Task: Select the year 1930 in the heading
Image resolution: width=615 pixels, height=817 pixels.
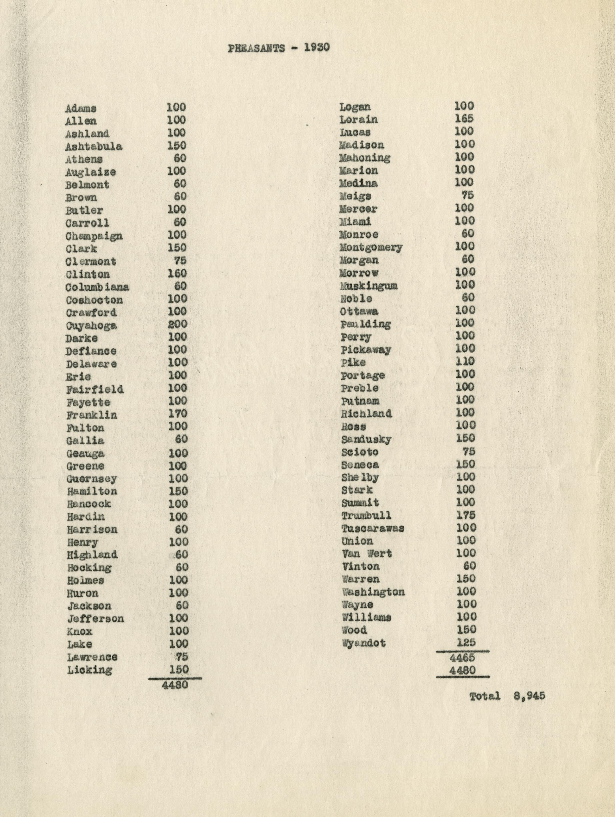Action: [x=317, y=48]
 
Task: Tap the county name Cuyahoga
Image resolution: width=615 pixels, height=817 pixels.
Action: [x=91, y=326]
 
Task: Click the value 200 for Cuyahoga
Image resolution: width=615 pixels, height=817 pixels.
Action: [x=178, y=324]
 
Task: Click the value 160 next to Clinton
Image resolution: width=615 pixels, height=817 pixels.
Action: [x=177, y=273]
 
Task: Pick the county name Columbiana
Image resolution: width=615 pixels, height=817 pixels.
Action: [x=97, y=287]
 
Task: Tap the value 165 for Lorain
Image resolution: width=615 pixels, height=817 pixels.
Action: [x=464, y=119]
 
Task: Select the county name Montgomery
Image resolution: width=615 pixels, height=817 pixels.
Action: [x=371, y=247]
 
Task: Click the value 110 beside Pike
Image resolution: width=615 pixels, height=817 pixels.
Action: [x=465, y=361]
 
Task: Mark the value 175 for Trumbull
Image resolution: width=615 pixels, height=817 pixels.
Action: [x=466, y=515]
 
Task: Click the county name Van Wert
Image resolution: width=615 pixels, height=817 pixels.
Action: [x=367, y=554]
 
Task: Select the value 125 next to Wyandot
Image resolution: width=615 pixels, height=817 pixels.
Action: [x=466, y=642]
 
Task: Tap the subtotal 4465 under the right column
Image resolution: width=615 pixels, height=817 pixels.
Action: [x=462, y=657]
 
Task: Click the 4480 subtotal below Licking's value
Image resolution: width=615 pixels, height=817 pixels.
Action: [x=175, y=685]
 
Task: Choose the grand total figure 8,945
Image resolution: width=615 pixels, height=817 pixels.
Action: [x=529, y=696]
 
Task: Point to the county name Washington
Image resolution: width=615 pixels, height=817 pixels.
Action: [x=373, y=592]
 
